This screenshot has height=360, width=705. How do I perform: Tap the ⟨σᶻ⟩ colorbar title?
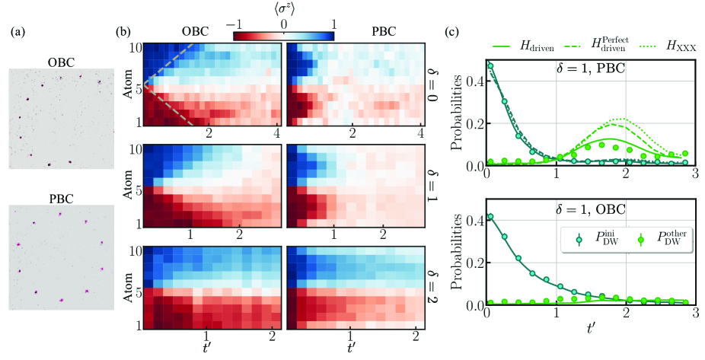coord(283,9)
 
